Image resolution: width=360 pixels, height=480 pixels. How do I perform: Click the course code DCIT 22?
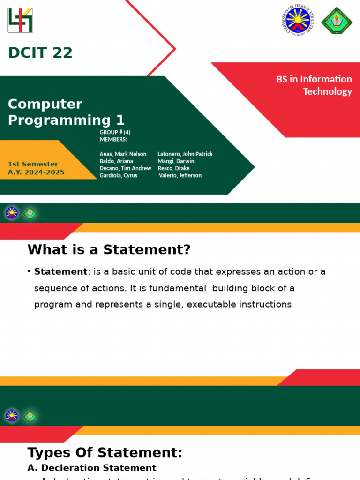(40, 53)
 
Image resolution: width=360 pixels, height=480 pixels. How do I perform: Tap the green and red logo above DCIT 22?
(20, 20)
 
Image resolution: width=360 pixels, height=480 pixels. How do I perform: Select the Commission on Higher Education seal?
(298, 20)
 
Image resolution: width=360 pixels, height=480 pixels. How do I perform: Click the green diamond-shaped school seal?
(337, 21)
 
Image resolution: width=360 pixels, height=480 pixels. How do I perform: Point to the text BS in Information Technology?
(314, 85)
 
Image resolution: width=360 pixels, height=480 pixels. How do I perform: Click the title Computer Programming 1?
(66, 112)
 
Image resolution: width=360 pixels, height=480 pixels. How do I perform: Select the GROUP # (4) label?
(115, 132)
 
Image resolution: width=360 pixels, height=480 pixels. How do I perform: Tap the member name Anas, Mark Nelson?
(123, 154)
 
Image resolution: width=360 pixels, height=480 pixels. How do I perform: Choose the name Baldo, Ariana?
(116, 161)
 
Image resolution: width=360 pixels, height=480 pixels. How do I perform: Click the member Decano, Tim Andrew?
(125, 168)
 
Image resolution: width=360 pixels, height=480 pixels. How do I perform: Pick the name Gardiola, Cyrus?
(118, 175)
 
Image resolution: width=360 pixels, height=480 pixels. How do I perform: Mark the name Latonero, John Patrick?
(185, 154)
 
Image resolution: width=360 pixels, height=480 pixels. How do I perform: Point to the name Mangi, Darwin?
(176, 161)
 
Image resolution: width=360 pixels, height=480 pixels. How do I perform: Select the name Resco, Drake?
(173, 168)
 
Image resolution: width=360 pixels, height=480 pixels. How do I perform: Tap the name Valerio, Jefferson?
(180, 175)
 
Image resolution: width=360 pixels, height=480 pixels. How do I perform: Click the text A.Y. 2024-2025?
(36, 172)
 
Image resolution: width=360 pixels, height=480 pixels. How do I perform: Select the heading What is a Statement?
(109, 249)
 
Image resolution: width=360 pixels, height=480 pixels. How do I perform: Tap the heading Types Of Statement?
(105, 452)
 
